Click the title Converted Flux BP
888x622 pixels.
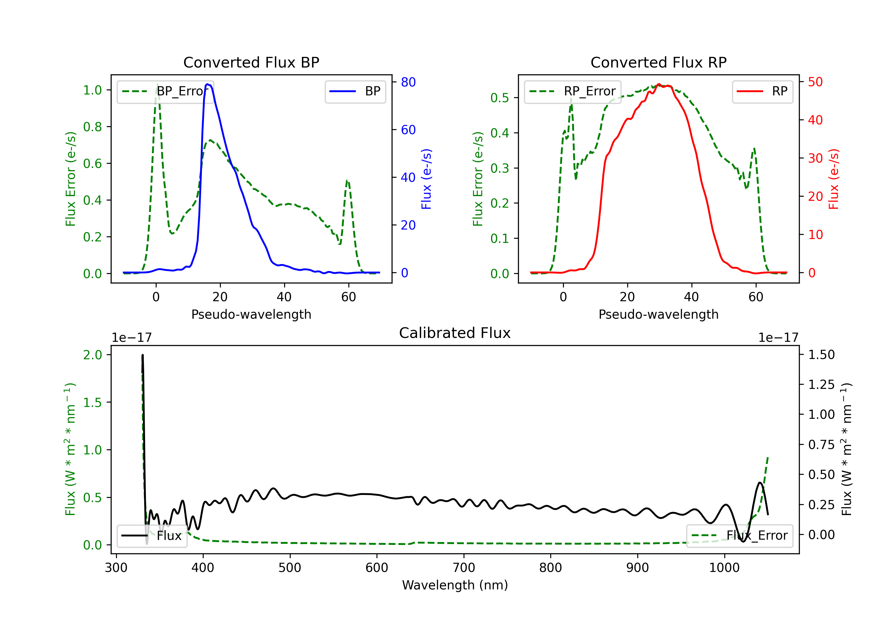(x=251, y=62)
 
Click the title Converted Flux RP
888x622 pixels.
(x=659, y=62)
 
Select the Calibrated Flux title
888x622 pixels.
(x=455, y=333)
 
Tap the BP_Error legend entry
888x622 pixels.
(x=165, y=91)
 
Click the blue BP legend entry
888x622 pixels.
(x=355, y=91)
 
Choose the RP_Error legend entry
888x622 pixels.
(x=572, y=91)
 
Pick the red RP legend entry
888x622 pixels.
(x=762, y=91)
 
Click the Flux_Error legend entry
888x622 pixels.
(x=739, y=536)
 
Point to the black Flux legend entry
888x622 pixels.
(x=152, y=536)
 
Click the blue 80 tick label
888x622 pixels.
(x=408, y=82)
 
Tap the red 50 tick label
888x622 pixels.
(x=815, y=82)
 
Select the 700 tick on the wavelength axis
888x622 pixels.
(x=464, y=568)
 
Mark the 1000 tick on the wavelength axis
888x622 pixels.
(x=724, y=568)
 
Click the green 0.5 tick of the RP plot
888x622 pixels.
(x=500, y=98)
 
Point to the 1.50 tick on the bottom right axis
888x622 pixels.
(x=821, y=355)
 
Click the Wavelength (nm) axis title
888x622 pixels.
(x=455, y=585)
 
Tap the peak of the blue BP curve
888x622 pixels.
(x=208, y=84)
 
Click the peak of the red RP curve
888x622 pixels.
(x=659, y=84)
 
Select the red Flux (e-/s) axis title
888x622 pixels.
(x=834, y=179)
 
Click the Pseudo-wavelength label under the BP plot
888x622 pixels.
(x=251, y=314)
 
